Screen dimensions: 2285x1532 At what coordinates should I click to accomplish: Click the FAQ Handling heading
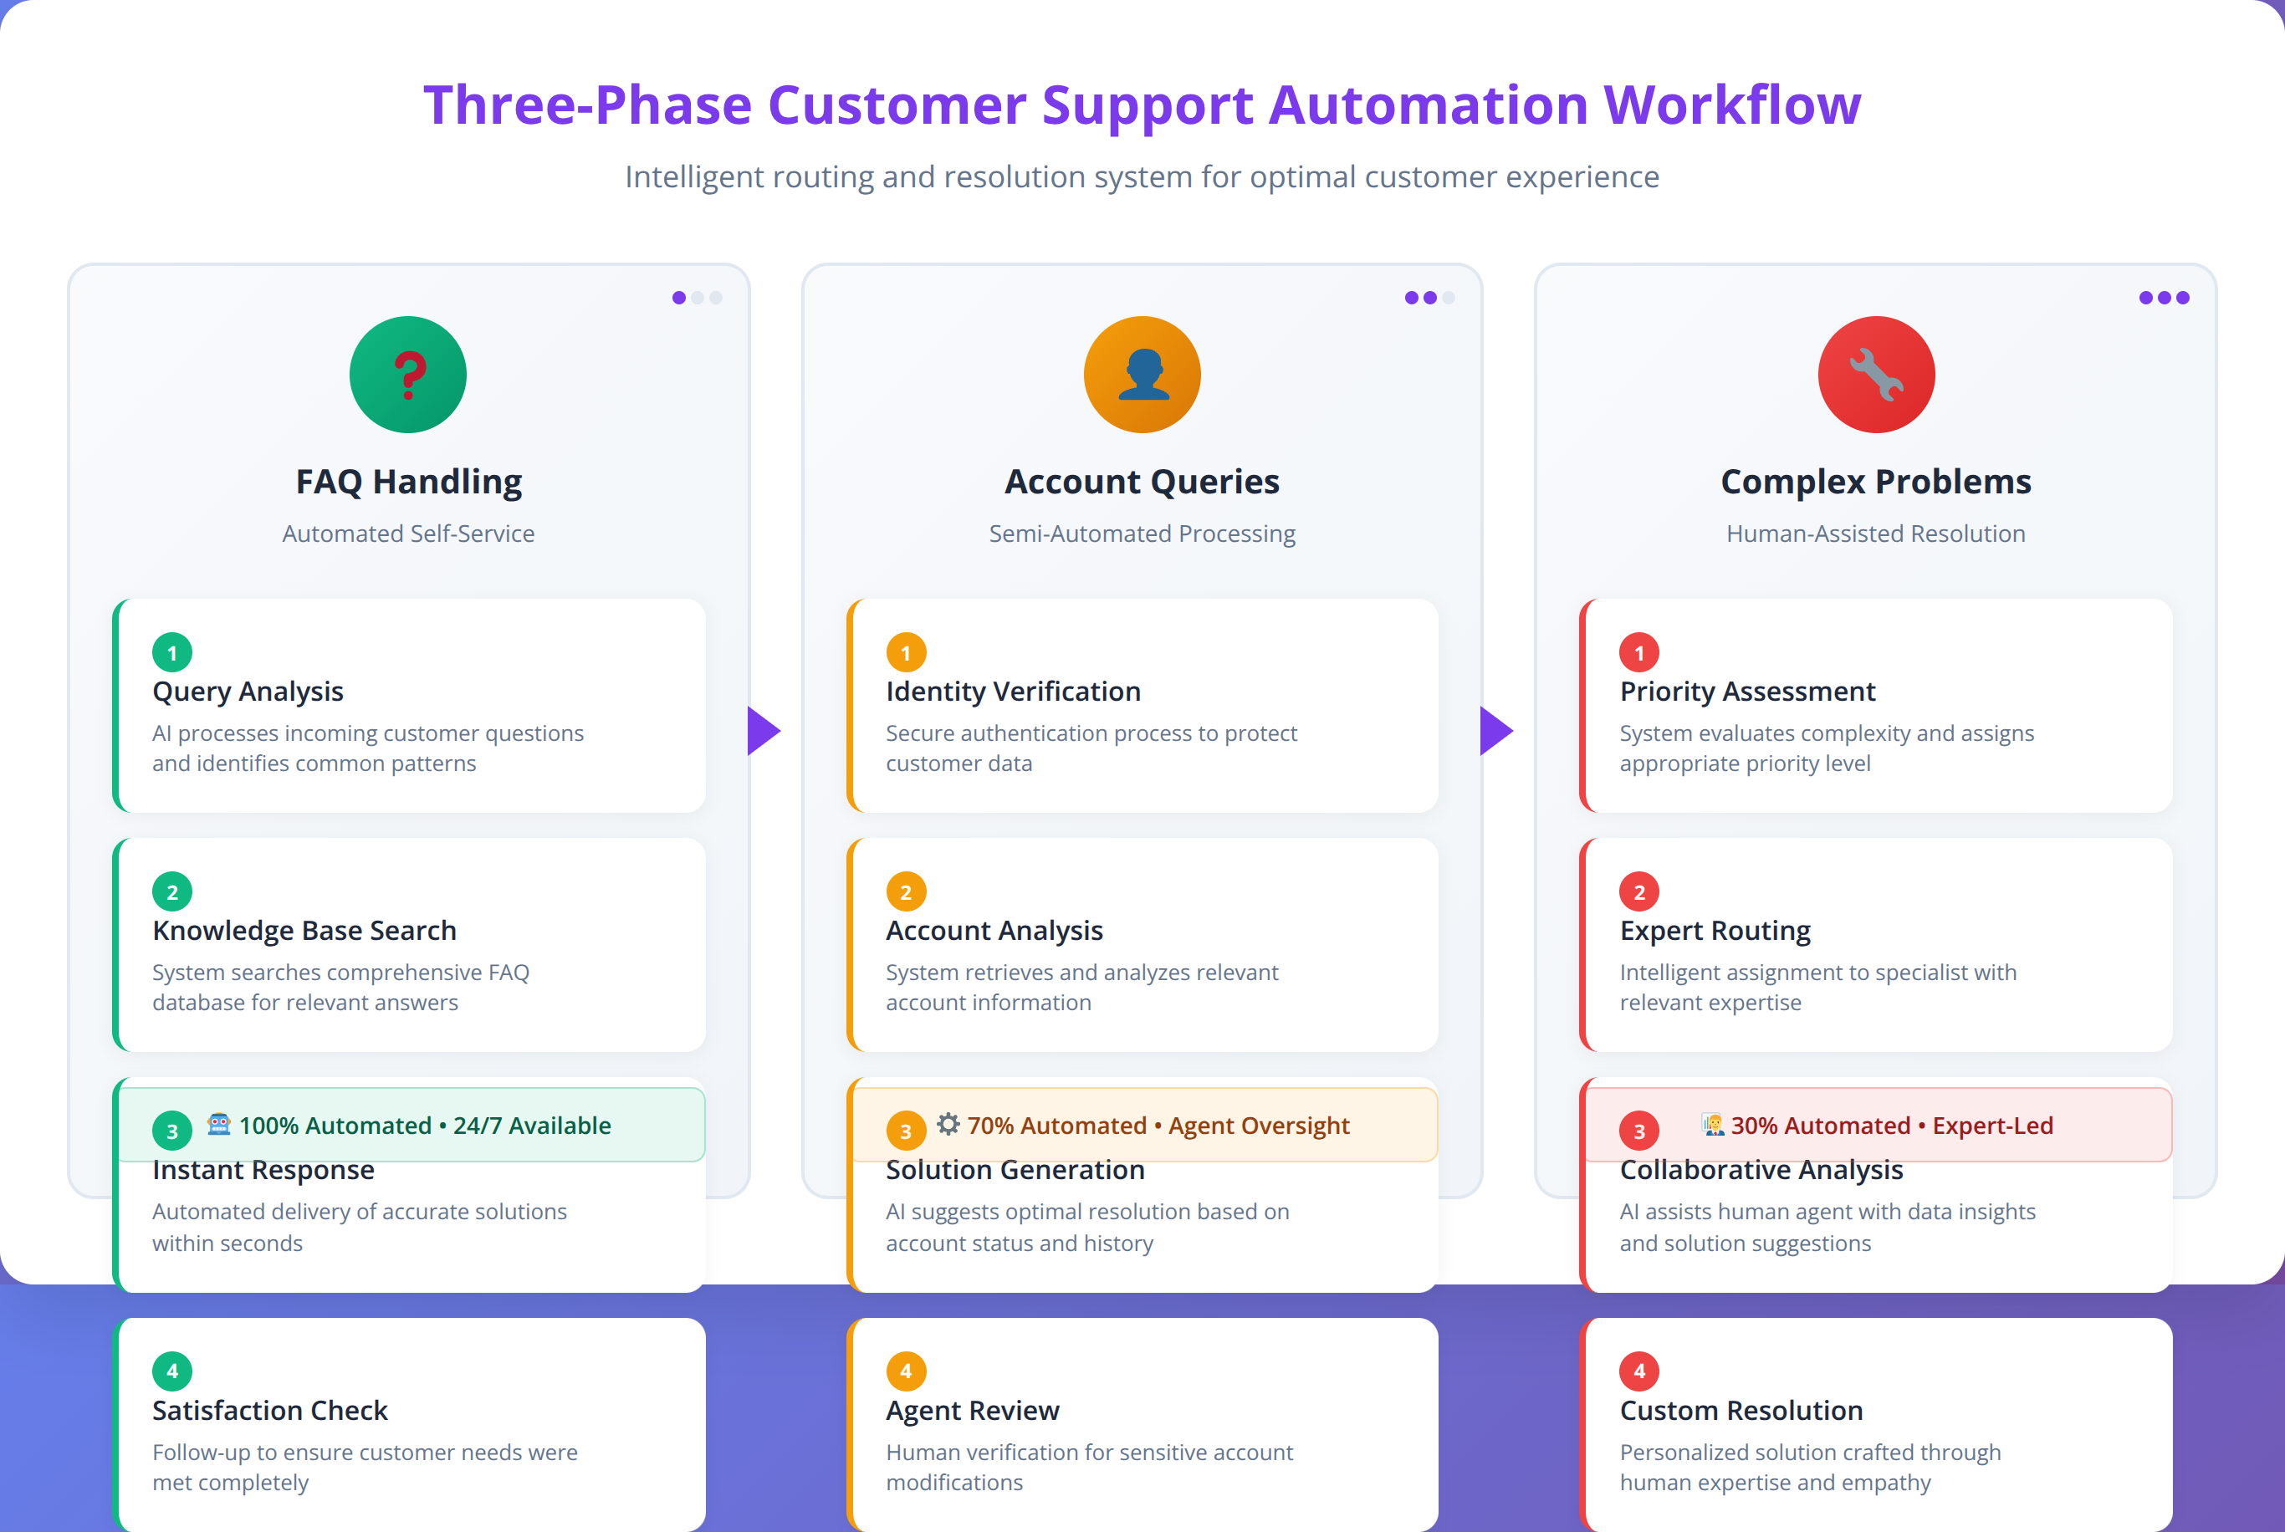click(408, 482)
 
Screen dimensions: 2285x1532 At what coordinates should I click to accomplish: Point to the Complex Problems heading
click(1876, 482)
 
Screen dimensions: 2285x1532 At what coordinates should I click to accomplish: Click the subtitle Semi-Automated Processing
click(1142, 534)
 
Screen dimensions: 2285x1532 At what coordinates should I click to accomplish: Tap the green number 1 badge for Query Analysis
click(172, 652)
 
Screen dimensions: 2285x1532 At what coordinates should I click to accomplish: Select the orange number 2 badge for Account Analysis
click(906, 892)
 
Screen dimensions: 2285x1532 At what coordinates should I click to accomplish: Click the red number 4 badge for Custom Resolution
click(1639, 1371)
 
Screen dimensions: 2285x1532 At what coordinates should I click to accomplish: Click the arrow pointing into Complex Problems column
click(1496, 731)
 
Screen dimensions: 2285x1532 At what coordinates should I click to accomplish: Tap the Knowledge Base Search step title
click(304, 930)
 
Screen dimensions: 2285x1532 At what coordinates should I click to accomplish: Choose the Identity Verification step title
click(1013, 692)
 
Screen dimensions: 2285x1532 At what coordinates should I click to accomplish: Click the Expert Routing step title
click(1715, 930)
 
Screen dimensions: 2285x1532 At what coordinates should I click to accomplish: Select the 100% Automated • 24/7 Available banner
click(412, 1126)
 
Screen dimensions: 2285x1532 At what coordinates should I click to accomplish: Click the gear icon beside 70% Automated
click(948, 1125)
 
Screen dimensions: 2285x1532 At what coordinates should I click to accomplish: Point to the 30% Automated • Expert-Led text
click(1891, 1126)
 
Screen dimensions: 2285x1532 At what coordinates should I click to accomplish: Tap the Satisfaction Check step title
click(269, 1411)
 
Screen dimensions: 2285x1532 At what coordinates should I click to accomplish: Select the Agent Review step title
click(972, 1411)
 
